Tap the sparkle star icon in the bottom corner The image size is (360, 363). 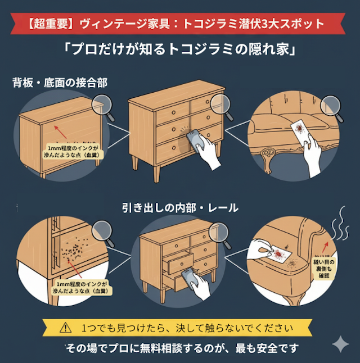click(x=340, y=345)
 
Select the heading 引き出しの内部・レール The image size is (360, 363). click(x=180, y=208)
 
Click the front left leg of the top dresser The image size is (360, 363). click(x=135, y=163)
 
